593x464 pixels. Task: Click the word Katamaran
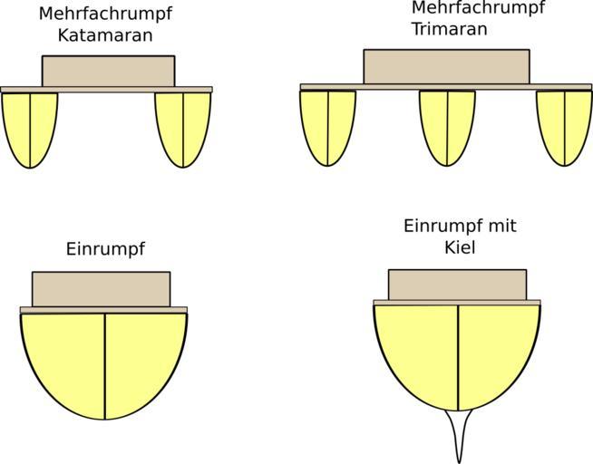coord(104,36)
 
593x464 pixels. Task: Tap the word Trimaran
coord(449,29)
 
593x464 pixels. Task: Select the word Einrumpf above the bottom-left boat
coord(105,248)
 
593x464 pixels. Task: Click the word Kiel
coord(460,246)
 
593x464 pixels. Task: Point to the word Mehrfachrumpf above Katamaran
coord(105,14)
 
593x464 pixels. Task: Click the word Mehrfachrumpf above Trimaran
coord(478,8)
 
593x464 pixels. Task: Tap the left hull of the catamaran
coord(30,127)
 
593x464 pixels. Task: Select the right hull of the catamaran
coord(183,127)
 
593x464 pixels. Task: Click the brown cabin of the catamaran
coord(108,72)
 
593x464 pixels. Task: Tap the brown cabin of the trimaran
coord(446,66)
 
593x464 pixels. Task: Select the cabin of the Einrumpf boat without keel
coord(101,289)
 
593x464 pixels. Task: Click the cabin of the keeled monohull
coord(457,285)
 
